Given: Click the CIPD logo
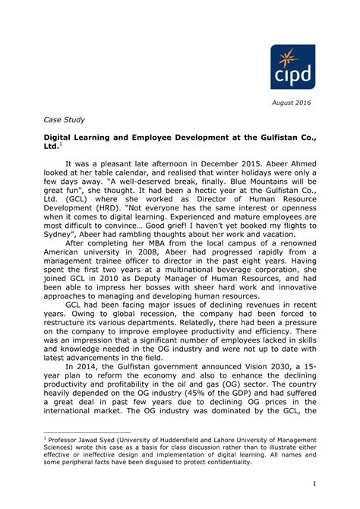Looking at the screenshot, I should point(292,66).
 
